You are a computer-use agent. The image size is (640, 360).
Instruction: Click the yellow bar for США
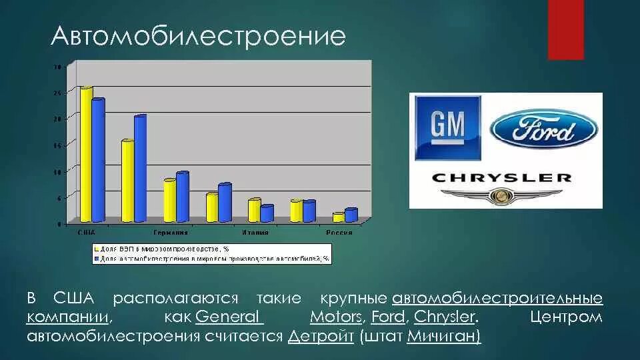click(x=86, y=154)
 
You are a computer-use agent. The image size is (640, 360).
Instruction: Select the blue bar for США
click(x=98, y=160)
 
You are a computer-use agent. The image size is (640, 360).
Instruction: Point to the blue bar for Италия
click(x=267, y=213)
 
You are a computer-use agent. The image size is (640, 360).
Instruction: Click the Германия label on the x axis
click(x=170, y=233)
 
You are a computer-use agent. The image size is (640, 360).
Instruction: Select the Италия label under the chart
click(x=255, y=233)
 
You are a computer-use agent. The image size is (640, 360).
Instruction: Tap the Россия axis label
click(x=339, y=233)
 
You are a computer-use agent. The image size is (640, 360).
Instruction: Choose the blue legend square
click(x=96, y=258)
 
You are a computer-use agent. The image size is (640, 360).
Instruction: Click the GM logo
click(x=447, y=127)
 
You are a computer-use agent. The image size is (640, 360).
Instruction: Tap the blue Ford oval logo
click(x=544, y=128)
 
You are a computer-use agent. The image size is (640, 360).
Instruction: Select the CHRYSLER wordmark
click(x=501, y=177)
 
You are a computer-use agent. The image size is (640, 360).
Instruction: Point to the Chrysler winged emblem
click(x=501, y=196)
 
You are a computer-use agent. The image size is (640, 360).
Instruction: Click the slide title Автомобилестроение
click(x=198, y=37)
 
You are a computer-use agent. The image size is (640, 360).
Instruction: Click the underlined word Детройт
click(x=321, y=336)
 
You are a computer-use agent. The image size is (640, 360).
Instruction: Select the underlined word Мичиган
click(x=443, y=336)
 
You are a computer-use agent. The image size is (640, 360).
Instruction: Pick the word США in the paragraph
click(x=73, y=298)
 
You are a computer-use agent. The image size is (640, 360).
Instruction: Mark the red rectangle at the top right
click(x=565, y=29)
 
